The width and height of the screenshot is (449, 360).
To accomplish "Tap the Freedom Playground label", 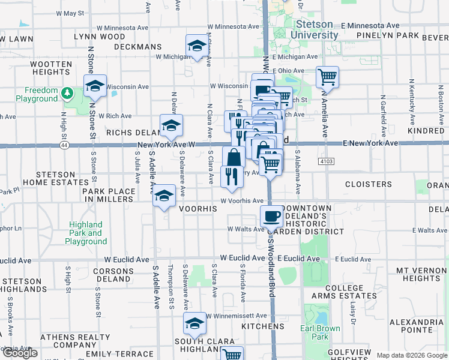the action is (37, 94).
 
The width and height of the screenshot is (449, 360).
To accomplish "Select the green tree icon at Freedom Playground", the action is (68, 93).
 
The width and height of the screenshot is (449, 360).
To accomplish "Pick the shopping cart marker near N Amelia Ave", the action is (327, 77).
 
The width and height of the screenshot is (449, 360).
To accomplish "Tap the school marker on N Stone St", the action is (95, 86).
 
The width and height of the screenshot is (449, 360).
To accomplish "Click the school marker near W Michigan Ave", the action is (196, 46).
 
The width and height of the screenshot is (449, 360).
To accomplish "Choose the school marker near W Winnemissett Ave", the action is (194, 324).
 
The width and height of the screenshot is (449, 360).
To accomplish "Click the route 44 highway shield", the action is (64, 145).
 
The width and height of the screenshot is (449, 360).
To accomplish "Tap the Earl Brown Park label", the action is (320, 332).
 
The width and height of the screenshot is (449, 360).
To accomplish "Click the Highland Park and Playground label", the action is (86, 233).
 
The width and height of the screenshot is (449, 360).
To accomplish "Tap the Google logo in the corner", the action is (20, 353).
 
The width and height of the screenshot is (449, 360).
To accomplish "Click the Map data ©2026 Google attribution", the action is (411, 355).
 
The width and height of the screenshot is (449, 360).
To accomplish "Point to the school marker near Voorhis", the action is (164, 197).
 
